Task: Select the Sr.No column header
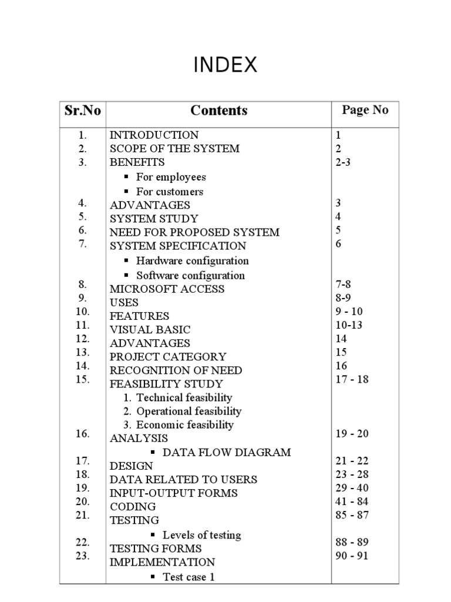click(82, 111)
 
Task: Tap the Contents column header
click(219, 111)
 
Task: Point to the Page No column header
click(365, 110)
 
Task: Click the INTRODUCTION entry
click(154, 135)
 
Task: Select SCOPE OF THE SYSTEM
click(174, 148)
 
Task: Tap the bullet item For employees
click(171, 177)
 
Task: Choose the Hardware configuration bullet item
click(192, 260)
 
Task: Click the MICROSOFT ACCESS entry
click(167, 289)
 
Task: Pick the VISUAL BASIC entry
click(150, 330)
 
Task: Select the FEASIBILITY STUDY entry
click(158, 384)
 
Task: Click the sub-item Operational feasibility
click(189, 412)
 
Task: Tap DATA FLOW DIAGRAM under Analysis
click(226, 452)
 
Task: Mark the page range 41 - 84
click(352, 501)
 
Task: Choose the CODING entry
click(133, 506)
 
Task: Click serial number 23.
click(82, 556)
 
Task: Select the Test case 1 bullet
click(188, 577)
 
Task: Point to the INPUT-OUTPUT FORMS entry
click(173, 493)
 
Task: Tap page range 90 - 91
click(352, 556)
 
